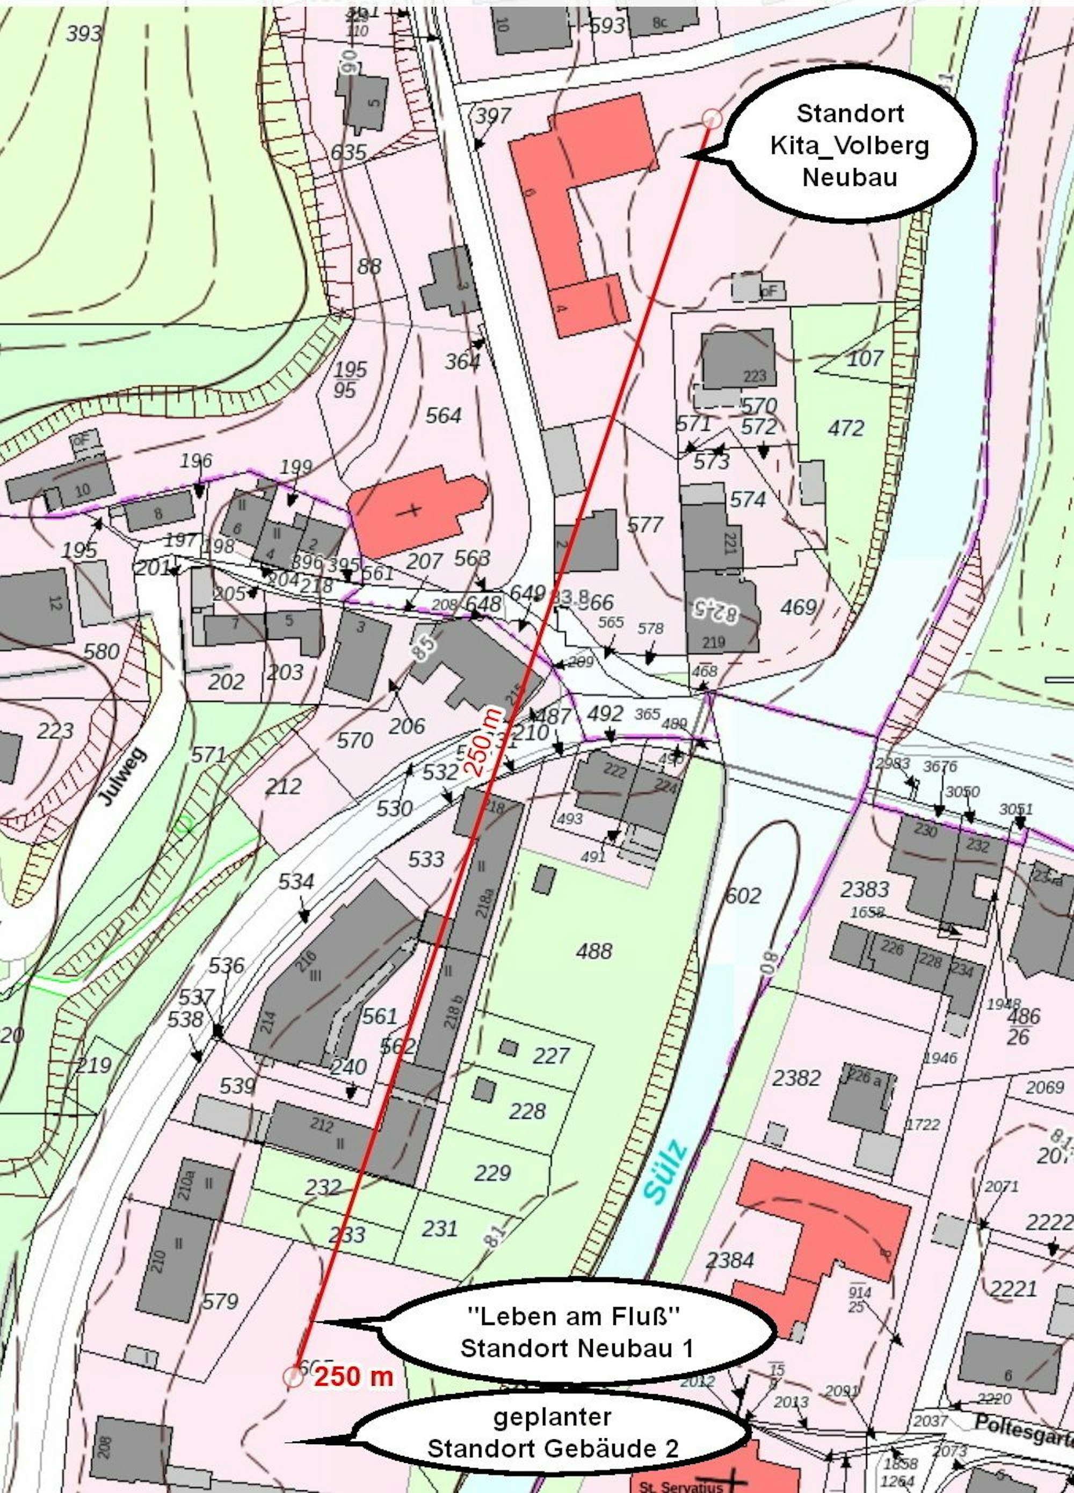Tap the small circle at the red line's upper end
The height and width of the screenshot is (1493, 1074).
click(x=712, y=119)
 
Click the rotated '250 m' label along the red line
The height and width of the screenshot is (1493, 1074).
click(x=484, y=741)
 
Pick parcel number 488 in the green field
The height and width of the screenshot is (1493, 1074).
click(x=593, y=951)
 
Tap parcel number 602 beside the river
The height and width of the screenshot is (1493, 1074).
click(x=743, y=895)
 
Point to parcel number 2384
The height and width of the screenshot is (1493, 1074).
click(x=729, y=1260)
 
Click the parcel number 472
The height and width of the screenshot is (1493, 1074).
click(x=846, y=429)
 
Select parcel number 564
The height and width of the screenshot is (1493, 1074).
click(x=443, y=415)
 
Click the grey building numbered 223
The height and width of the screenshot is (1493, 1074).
click(x=738, y=359)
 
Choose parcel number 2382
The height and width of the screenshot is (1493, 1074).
click(x=796, y=1078)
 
